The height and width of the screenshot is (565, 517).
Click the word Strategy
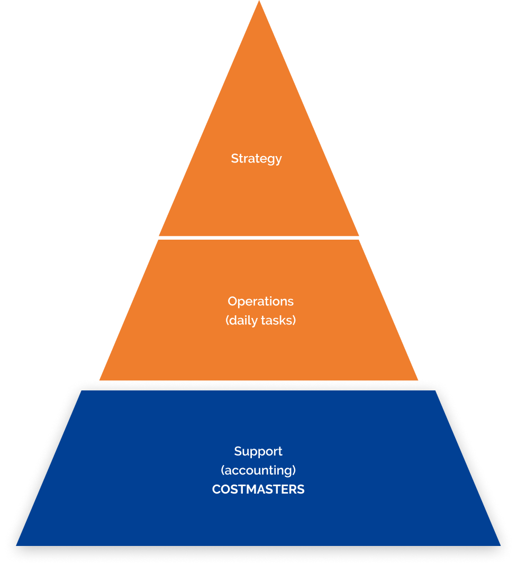[x=256, y=159]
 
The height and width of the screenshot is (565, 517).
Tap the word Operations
[x=261, y=302]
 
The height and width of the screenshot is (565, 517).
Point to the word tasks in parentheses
[x=277, y=321]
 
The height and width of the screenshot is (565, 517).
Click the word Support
[x=258, y=451]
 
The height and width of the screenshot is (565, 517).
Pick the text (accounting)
[x=258, y=470]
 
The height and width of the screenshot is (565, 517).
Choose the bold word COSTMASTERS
[x=258, y=489]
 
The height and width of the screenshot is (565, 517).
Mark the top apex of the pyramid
[x=259, y=1]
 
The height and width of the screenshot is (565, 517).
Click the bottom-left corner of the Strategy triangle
[x=159, y=235]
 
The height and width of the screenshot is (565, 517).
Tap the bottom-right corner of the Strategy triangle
[x=359, y=235]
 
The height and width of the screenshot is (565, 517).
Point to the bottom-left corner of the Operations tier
[x=99, y=380]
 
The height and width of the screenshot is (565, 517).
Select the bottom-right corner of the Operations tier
[x=418, y=380]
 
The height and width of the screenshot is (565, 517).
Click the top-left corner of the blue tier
[x=81, y=390]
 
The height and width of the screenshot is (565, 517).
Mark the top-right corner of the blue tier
[x=436, y=390]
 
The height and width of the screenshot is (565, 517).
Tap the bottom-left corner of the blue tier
[x=16, y=545]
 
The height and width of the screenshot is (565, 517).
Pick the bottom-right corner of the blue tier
[x=501, y=545]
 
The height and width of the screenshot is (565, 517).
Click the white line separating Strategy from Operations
[x=259, y=238]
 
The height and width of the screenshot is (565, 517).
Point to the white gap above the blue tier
[x=259, y=385]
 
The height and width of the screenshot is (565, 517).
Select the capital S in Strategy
[x=235, y=158]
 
